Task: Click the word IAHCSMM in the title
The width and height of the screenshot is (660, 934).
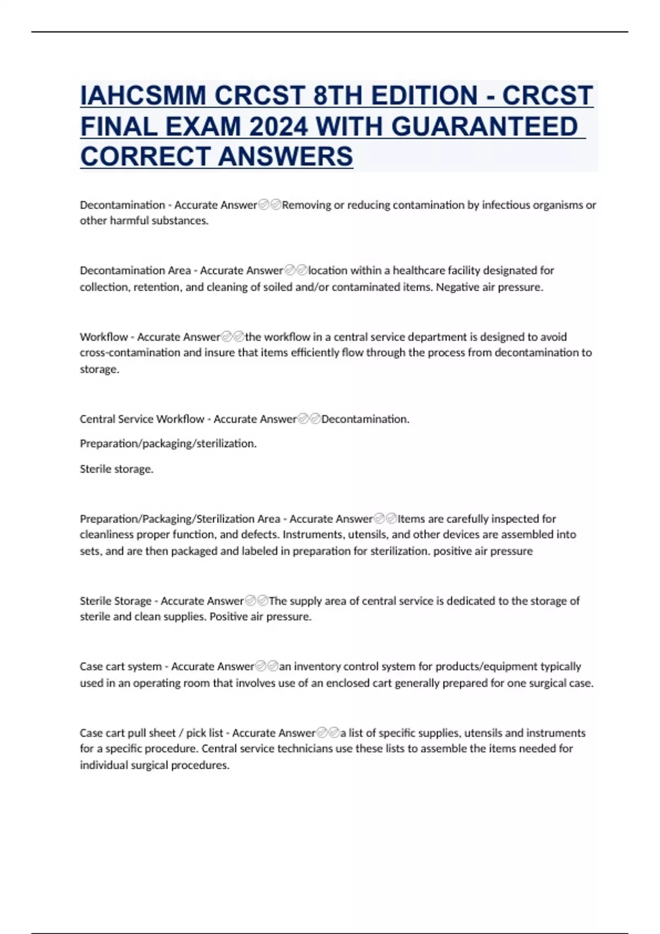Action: coord(143,96)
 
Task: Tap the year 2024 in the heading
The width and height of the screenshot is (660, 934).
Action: coord(278,126)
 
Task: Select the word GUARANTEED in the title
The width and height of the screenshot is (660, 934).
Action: coord(484,126)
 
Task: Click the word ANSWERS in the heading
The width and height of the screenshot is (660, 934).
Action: coord(285,157)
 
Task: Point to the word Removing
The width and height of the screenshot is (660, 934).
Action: coord(306,205)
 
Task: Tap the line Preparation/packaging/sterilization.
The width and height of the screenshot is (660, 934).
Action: coord(168,443)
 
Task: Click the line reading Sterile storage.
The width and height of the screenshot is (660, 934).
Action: coord(117,469)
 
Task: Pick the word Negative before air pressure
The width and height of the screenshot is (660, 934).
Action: coord(457,287)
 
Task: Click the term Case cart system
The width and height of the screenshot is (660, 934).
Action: coord(120,666)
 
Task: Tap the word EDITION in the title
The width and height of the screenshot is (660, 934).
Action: coord(424,96)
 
